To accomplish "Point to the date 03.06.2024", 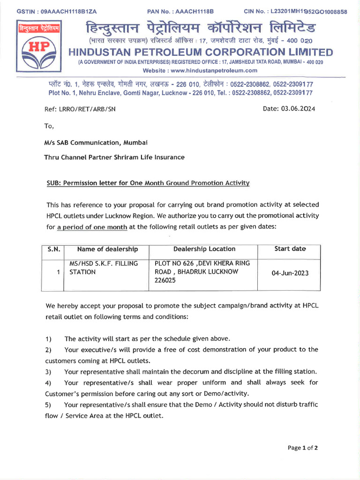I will tap(301, 109).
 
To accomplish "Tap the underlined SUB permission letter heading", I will tap(148, 183).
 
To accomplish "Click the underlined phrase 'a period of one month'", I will tap(92, 227).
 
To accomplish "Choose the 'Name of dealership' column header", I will tap(107, 249).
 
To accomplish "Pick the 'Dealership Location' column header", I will tap(204, 249).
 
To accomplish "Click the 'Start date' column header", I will tap(290, 249).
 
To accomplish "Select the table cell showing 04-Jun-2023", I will tap(290, 273).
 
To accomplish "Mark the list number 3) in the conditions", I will tap(48, 372).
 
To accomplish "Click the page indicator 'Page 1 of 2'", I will tap(302, 448).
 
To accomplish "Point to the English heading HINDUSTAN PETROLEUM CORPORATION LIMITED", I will tap(201, 52).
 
